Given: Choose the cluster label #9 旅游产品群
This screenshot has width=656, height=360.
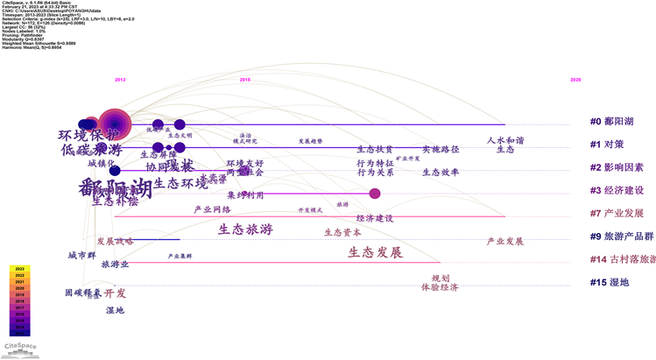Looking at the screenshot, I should point(621,236).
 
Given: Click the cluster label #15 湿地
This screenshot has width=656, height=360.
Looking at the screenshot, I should point(610,282).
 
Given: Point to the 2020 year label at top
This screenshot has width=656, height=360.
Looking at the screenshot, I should point(575,80).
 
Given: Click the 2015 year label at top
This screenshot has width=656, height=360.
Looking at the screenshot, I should point(245,80).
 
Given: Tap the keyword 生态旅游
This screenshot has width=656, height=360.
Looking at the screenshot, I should point(245,229).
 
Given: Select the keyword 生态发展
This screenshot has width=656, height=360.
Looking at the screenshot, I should point(375,252).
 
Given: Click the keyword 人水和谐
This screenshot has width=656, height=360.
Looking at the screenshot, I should point(505,140).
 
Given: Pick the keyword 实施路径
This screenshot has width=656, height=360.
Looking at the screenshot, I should point(441,150).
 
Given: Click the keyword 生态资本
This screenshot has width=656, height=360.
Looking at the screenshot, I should point(342,232).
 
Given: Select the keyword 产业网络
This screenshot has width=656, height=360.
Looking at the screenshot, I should point(212,209).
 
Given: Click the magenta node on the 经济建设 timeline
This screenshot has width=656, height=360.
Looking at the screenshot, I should point(375,194).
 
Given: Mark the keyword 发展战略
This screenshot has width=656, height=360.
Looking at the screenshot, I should point(115,241).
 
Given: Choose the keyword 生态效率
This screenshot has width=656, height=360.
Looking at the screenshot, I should point(441,173).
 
